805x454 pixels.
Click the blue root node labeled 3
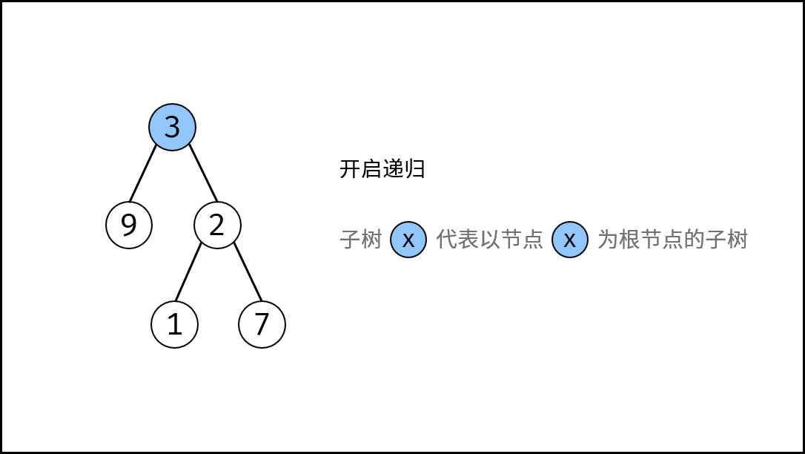coord(172,127)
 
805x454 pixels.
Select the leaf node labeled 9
coord(129,225)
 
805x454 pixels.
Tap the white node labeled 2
coord(217,225)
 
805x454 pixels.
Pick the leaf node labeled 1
coord(174,325)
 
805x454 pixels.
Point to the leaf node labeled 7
coord(262,325)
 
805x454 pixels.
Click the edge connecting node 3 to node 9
coord(143,174)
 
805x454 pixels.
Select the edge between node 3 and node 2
coord(203,173)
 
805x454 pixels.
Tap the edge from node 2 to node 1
coord(188,272)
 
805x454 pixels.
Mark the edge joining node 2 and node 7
coord(248,272)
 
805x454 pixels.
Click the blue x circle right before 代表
coord(408,240)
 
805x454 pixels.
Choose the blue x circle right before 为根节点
coord(570,240)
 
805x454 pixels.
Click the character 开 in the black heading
coord(350,169)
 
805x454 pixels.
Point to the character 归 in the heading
coord(415,169)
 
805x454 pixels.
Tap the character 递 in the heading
coord(394,169)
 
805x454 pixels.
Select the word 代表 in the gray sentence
coord(457,240)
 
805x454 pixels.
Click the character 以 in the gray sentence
coord(490,240)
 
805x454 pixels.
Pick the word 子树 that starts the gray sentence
coord(361,240)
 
